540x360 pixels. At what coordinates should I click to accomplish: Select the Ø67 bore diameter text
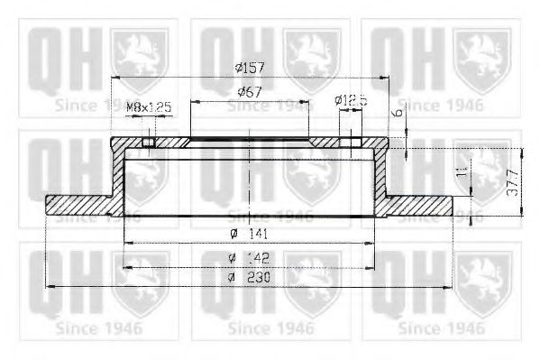pos(250,92)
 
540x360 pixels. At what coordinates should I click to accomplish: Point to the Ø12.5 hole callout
pos(350,101)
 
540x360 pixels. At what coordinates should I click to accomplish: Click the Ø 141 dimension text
pos(250,235)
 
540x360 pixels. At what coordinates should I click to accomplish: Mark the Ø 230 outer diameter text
pos(250,277)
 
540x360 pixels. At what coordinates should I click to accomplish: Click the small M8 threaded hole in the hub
pos(150,142)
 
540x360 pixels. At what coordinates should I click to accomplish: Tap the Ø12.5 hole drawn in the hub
pos(346,142)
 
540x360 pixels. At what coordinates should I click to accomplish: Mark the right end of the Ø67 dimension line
pos(308,101)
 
